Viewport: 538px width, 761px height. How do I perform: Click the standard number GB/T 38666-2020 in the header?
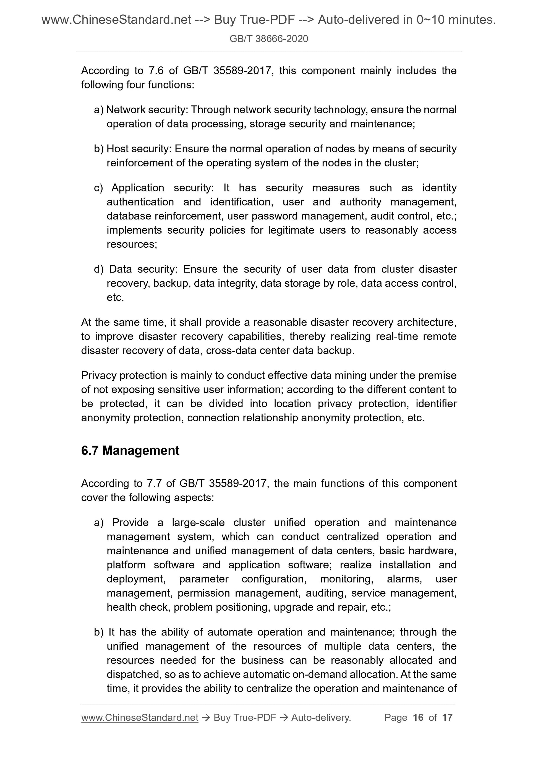[268, 39]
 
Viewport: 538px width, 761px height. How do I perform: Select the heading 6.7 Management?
[130, 450]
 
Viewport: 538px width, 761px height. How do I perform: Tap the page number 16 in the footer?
[418, 718]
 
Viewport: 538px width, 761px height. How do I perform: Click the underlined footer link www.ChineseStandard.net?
[140, 718]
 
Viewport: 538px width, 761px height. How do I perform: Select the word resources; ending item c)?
[132, 244]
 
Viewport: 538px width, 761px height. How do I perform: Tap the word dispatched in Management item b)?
[133, 674]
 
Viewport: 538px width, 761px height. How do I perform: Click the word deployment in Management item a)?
[135, 579]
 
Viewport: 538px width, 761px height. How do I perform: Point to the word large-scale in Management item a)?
[198, 523]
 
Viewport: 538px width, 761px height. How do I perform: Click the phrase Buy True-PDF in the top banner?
[254, 20]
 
